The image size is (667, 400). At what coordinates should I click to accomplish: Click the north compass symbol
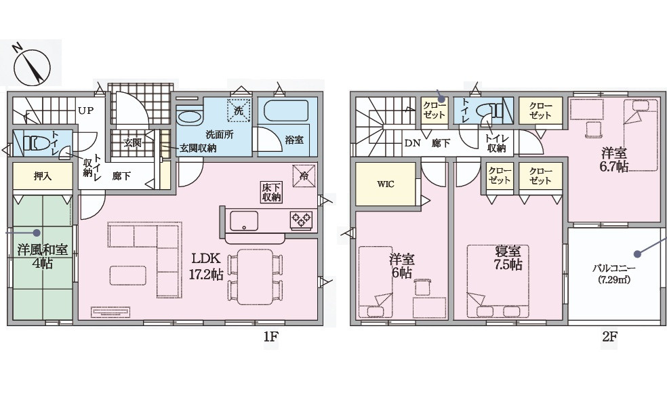(x=30, y=65)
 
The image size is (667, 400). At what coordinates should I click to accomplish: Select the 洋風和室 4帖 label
(x=42, y=256)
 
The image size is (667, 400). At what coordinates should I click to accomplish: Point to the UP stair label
(x=85, y=111)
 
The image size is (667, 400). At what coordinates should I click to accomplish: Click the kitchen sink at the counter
(x=243, y=220)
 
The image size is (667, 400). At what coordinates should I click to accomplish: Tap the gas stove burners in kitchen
(x=301, y=220)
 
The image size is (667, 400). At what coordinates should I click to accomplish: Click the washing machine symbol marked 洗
(x=239, y=111)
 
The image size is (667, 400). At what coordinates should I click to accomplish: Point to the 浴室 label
(x=294, y=140)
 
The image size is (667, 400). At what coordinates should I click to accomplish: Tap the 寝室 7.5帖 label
(x=508, y=258)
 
